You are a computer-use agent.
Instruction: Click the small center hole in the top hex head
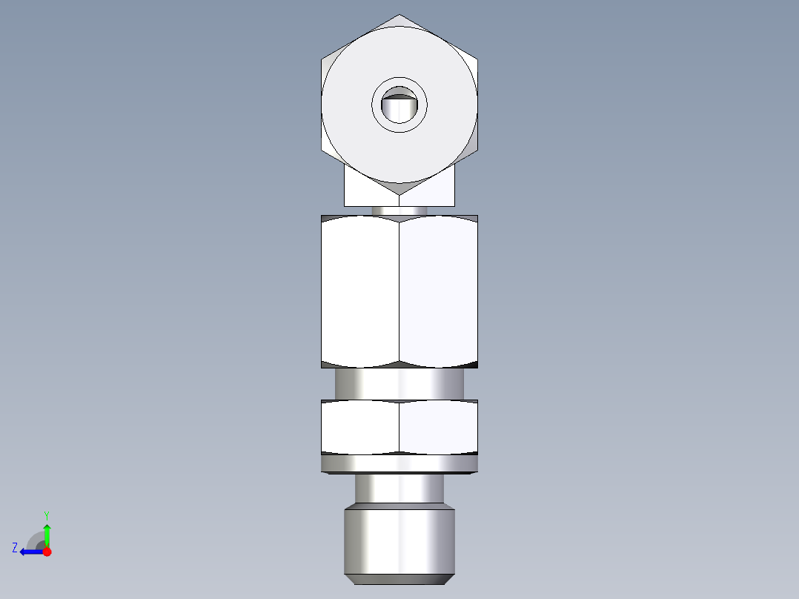pyautogui.click(x=399, y=106)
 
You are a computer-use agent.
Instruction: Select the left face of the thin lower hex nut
pyautogui.click(x=360, y=427)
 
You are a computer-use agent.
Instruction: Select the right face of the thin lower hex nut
pyautogui.click(x=438, y=427)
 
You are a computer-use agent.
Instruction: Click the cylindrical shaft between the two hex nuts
pyautogui.click(x=399, y=384)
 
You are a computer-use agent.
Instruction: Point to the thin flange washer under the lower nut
pyautogui.click(x=399, y=464)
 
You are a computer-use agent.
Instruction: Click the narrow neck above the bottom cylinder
pyautogui.click(x=399, y=489)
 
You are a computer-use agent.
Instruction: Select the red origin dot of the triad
pyautogui.click(x=47, y=552)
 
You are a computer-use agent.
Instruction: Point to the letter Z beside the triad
pyautogui.click(x=15, y=548)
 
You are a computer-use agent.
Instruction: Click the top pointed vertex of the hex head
pyautogui.click(x=399, y=16)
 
